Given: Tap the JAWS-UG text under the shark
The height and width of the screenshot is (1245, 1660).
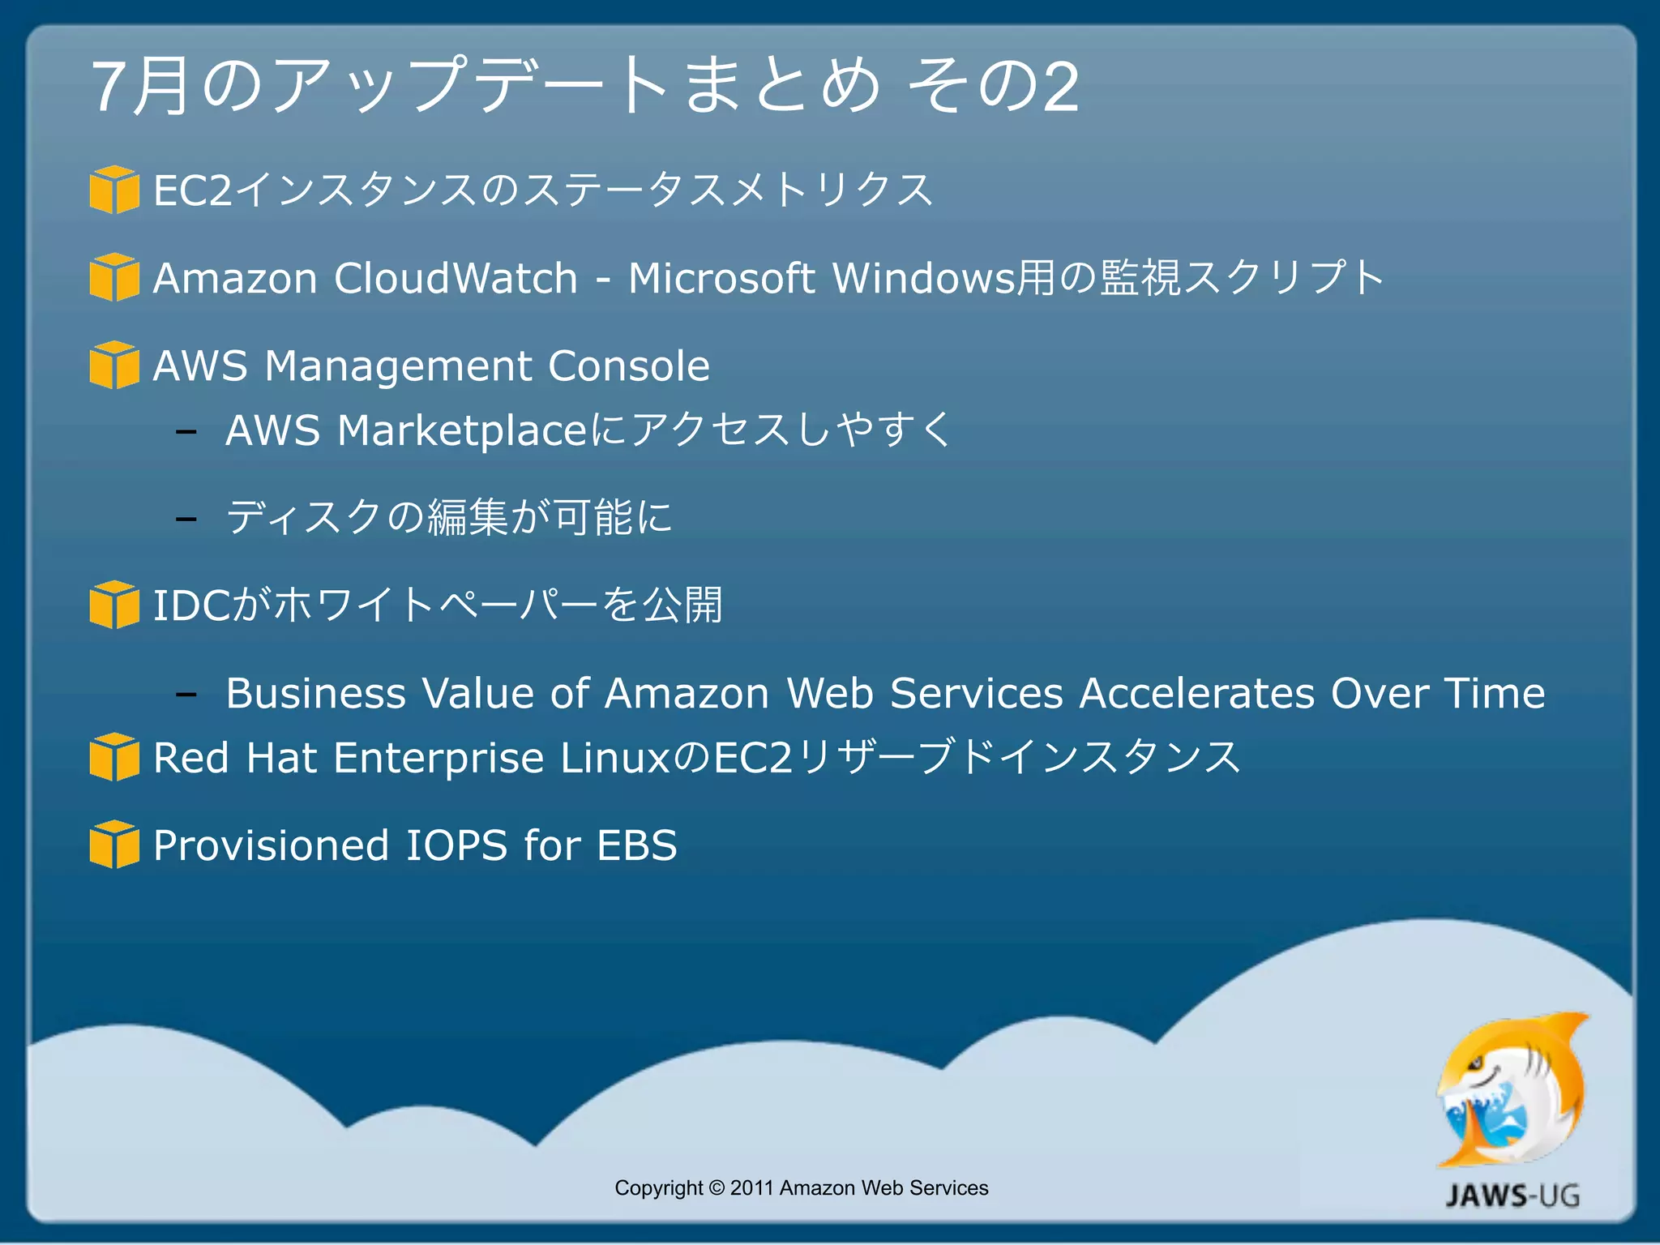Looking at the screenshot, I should (x=1512, y=1196).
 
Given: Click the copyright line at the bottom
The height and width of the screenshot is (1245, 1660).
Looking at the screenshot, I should (x=801, y=1187).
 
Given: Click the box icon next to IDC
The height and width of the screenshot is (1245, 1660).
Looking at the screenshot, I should (x=114, y=605).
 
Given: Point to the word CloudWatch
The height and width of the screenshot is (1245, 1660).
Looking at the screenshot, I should (x=456, y=278).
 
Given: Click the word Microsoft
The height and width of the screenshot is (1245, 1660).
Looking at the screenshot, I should (x=721, y=278).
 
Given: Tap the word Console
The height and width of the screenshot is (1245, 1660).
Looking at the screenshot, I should (x=628, y=366).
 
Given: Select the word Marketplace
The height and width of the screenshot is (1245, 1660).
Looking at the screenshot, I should (x=463, y=430).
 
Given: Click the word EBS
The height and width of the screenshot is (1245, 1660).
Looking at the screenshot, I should (x=636, y=845).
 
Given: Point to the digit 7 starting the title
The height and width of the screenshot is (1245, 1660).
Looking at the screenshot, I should (x=109, y=87).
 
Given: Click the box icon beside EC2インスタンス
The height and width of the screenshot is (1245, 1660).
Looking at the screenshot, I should (x=114, y=190).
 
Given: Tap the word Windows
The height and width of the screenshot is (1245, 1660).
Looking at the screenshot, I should (x=923, y=278).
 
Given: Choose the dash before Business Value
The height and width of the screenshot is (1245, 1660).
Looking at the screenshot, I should (x=186, y=695).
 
